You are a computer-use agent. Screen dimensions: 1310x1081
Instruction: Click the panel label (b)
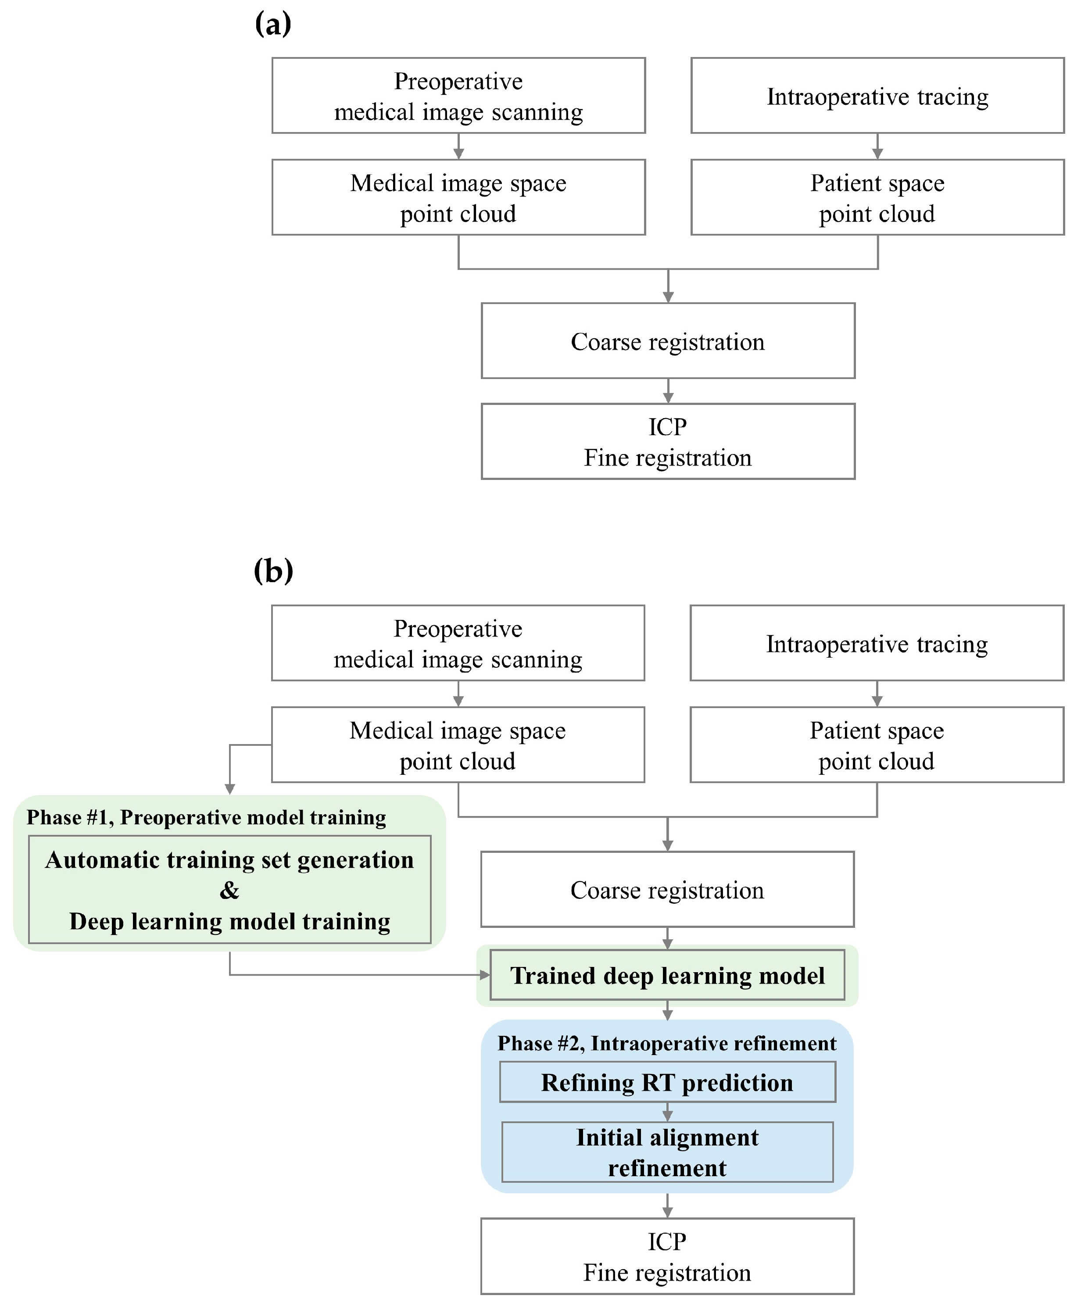pyautogui.click(x=273, y=570)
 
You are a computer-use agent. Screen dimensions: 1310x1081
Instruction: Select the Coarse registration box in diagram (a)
pyautogui.click(x=668, y=341)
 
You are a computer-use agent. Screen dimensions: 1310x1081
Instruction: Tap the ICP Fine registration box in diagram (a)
pyautogui.click(x=668, y=442)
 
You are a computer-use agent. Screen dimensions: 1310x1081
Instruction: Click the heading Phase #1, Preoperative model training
pyautogui.click(x=206, y=817)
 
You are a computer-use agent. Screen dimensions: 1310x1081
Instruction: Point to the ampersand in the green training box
pyautogui.click(x=229, y=890)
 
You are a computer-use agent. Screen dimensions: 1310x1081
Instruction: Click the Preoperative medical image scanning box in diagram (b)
pyautogui.click(x=458, y=643)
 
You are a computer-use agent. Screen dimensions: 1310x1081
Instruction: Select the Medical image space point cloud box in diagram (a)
pyautogui.click(x=458, y=197)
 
